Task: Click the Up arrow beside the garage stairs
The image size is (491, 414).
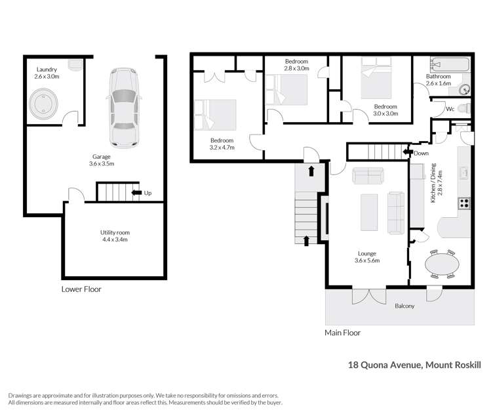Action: [x=137, y=192]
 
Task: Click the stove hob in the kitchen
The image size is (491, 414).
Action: [x=464, y=203]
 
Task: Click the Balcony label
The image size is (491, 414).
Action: [x=404, y=306]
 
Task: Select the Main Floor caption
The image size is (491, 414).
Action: [x=342, y=333]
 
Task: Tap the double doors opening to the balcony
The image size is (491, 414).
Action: [x=365, y=296]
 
